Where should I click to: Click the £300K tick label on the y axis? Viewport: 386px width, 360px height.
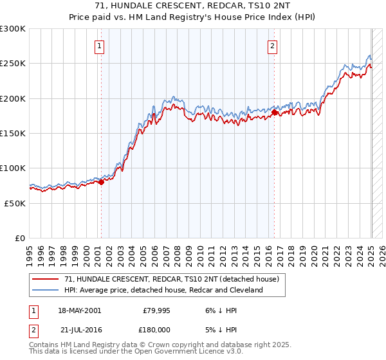13,29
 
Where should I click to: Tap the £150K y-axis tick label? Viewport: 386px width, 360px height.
13,133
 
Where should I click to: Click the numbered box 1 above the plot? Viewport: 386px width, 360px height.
100,46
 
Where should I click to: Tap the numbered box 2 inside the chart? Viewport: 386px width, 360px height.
273,46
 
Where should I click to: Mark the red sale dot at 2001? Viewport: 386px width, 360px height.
102,183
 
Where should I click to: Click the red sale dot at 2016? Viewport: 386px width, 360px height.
275,113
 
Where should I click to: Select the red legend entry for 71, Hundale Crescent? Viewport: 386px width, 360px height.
171,280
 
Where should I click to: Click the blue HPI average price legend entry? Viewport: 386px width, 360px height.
163,291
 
